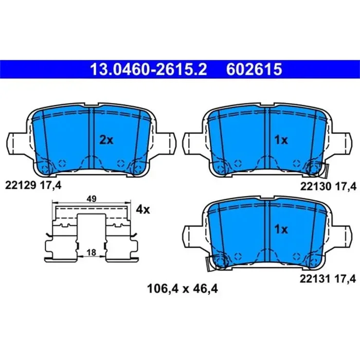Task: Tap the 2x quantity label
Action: (105, 140)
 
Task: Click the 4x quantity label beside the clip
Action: (142, 209)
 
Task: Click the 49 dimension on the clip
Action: (91, 199)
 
